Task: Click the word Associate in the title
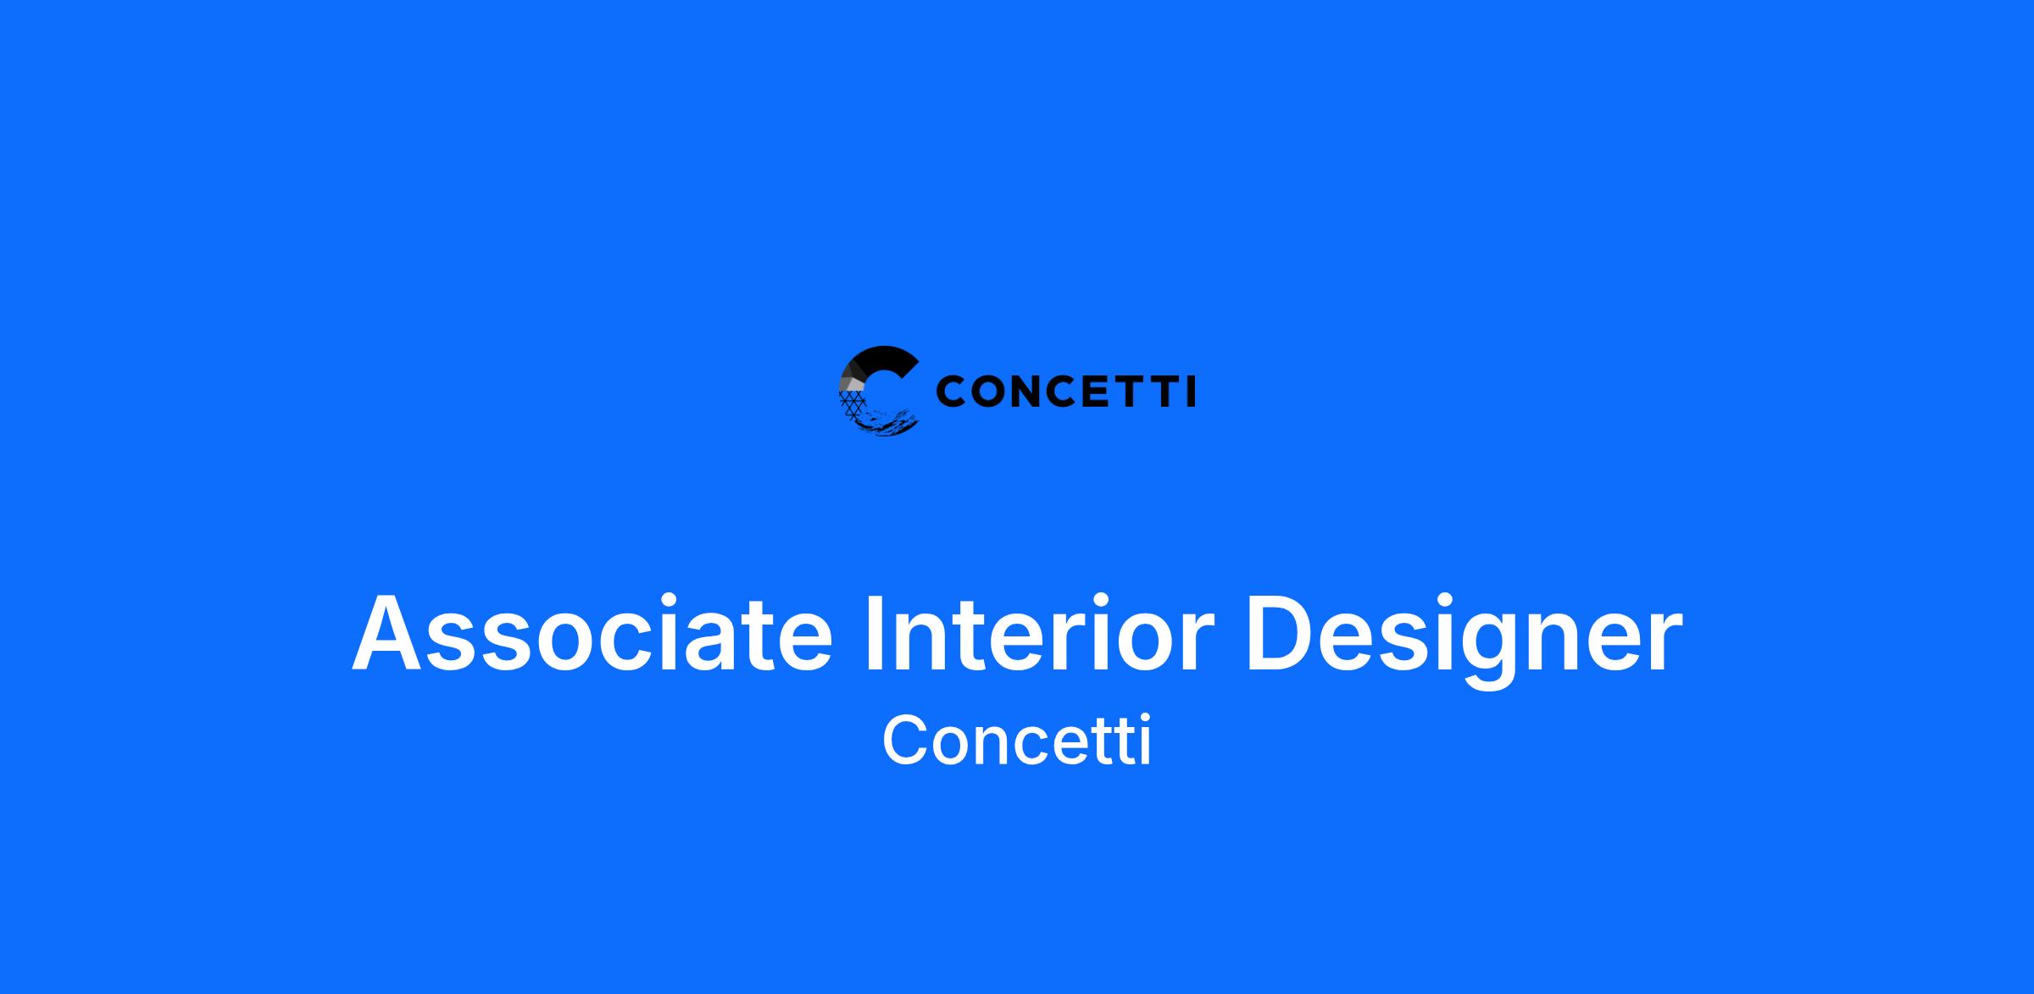point(592,633)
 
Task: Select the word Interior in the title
point(1040,633)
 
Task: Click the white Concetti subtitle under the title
point(1017,740)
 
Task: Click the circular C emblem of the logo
point(879,391)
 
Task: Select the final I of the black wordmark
point(1192,391)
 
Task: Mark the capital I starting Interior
point(875,633)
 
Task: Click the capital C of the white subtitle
point(906,740)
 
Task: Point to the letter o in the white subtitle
point(954,747)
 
